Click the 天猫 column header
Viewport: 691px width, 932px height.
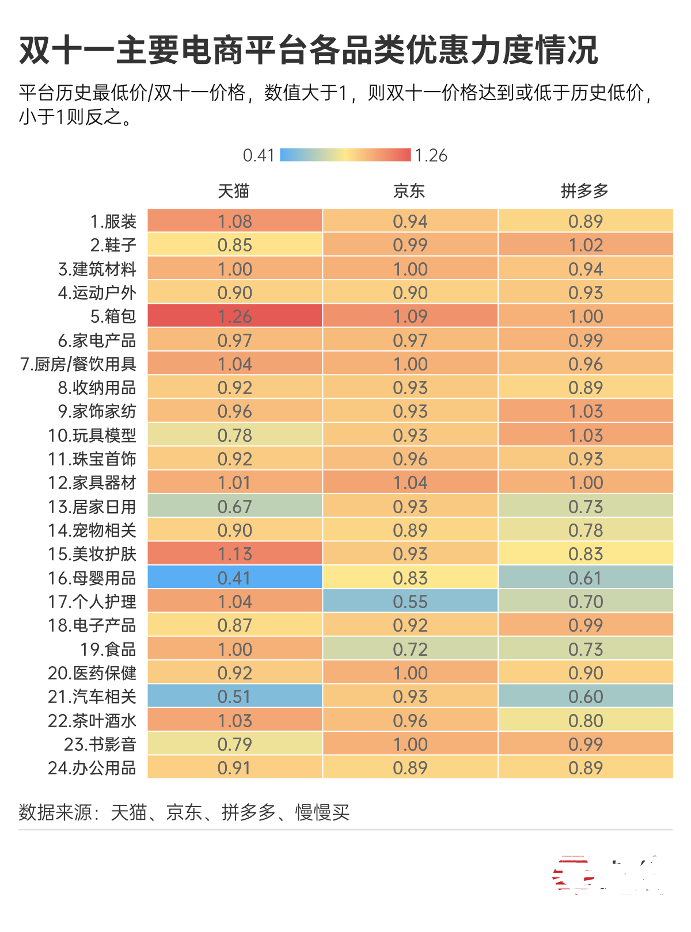[234, 191]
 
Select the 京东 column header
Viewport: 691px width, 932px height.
[409, 191]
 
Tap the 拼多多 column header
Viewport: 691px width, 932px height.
[585, 191]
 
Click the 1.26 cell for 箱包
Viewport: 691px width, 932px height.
[235, 316]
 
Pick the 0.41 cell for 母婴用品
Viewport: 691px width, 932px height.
[235, 578]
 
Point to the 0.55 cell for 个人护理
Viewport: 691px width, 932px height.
[410, 602]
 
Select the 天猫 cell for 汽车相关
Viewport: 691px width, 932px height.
[235, 697]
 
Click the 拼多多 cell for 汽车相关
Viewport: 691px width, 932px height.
[586, 697]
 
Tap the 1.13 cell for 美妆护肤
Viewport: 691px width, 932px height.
[235, 554]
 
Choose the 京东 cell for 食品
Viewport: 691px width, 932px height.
[410, 650]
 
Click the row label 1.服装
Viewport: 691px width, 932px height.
[113, 221]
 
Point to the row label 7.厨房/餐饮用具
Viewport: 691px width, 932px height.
[78, 364]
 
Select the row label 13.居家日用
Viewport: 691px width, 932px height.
[92, 507]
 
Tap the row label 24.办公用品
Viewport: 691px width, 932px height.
[92, 768]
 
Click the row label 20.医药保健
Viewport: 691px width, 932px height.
[92, 673]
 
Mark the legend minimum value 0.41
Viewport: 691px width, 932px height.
[259, 155]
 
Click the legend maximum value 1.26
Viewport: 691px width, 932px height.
[431, 155]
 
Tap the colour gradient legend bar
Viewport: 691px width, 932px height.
[345, 155]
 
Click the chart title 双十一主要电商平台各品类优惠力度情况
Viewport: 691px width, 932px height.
[309, 51]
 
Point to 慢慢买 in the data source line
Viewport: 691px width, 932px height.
[322, 812]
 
